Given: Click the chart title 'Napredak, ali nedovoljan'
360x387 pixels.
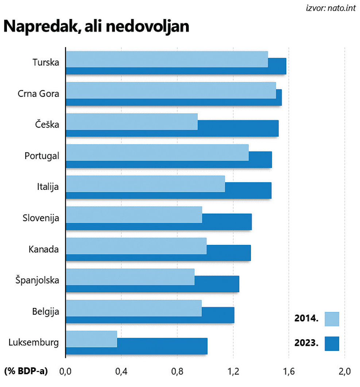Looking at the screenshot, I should [x=96, y=27].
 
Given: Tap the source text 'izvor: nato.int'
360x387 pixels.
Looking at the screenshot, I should [x=331, y=7].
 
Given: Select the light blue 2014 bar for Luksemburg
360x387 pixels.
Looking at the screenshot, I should [x=92, y=339].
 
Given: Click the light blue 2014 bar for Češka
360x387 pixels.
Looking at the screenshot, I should [x=132, y=121].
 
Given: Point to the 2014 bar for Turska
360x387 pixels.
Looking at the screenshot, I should [x=167, y=59].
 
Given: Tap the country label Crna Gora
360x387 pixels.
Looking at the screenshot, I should [x=38, y=94].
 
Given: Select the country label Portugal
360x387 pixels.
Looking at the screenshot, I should [x=42, y=156].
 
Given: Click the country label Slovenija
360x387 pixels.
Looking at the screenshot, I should [x=40, y=218].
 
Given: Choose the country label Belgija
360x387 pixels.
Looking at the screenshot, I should [x=46, y=312].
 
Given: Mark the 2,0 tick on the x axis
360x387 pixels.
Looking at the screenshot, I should [x=344, y=372].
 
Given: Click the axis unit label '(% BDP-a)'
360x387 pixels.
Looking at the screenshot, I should [x=26, y=372].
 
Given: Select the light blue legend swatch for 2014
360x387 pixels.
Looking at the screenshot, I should [x=332, y=319].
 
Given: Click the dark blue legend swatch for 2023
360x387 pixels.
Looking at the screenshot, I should [x=332, y=344].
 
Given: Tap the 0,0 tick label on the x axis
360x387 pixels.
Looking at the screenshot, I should [x=66, y=372].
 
